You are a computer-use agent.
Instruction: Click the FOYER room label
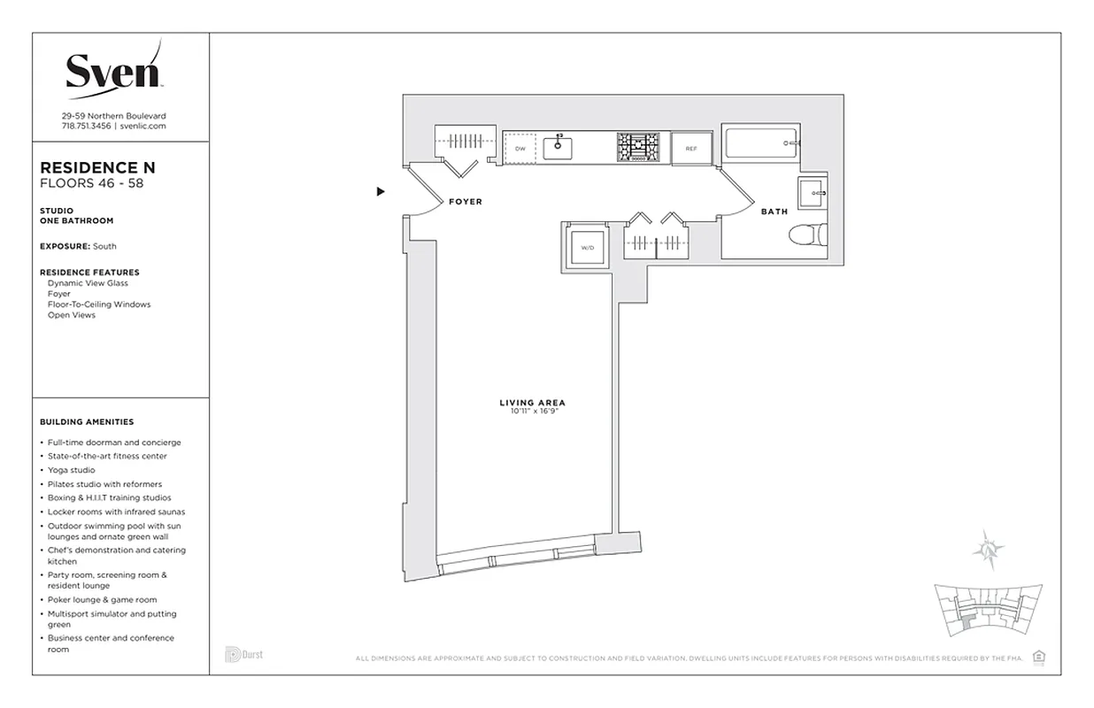coord(466,202)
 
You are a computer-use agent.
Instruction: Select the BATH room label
coord(774,212)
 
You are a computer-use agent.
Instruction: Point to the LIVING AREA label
coord(532,404)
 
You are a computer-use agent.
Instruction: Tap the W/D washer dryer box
coord(587,247)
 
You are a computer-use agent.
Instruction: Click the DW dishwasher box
coord(520,149)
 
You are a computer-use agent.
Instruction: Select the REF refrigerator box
coord(691,149)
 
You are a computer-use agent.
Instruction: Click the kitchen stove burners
coord(638,148)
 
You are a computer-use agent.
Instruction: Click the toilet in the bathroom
coord(807,235)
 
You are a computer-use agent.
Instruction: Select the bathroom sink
coord(813,193)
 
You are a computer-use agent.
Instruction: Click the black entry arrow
coord(381,191)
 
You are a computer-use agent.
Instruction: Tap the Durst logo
coord(243,655)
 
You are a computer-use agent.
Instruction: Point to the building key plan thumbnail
coord(988,612)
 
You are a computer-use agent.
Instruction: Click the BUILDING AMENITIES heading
coord(87,422)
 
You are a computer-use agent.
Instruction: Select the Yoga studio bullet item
coord(72,470)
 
